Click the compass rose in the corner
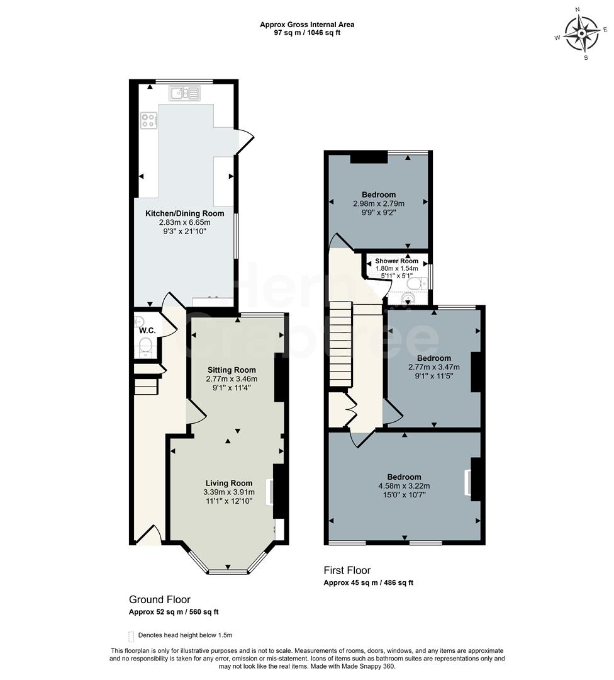tap(581, 33)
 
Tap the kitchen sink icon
tap(184, 94)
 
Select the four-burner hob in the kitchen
tap(148, 120)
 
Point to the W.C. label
tap(147, 331)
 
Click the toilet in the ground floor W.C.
tap(145, 346)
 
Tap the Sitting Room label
tap(232, 370)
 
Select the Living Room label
tap(229, 483)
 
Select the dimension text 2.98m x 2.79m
tap(378, 203)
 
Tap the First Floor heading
tap(347, 570)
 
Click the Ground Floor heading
tap(159, 599)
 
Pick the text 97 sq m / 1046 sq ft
tap(307, 33)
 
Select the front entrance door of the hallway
tap(148, 536)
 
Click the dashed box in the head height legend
tap(131, 635)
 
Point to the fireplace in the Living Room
tap(271, 492)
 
